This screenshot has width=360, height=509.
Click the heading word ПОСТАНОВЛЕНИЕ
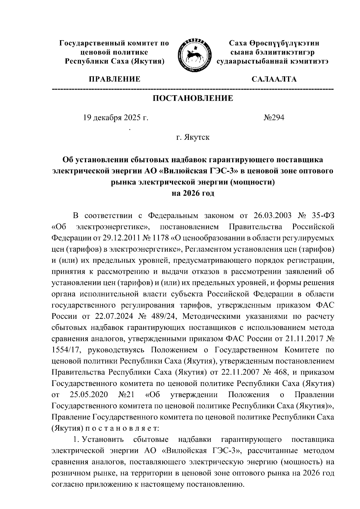point(193,98)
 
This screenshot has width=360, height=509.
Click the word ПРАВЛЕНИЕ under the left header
point(114,79)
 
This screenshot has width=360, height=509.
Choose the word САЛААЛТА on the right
point(274,79)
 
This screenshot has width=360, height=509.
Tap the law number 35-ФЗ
point(322,216)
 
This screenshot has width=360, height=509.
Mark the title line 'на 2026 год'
point(193,193)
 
